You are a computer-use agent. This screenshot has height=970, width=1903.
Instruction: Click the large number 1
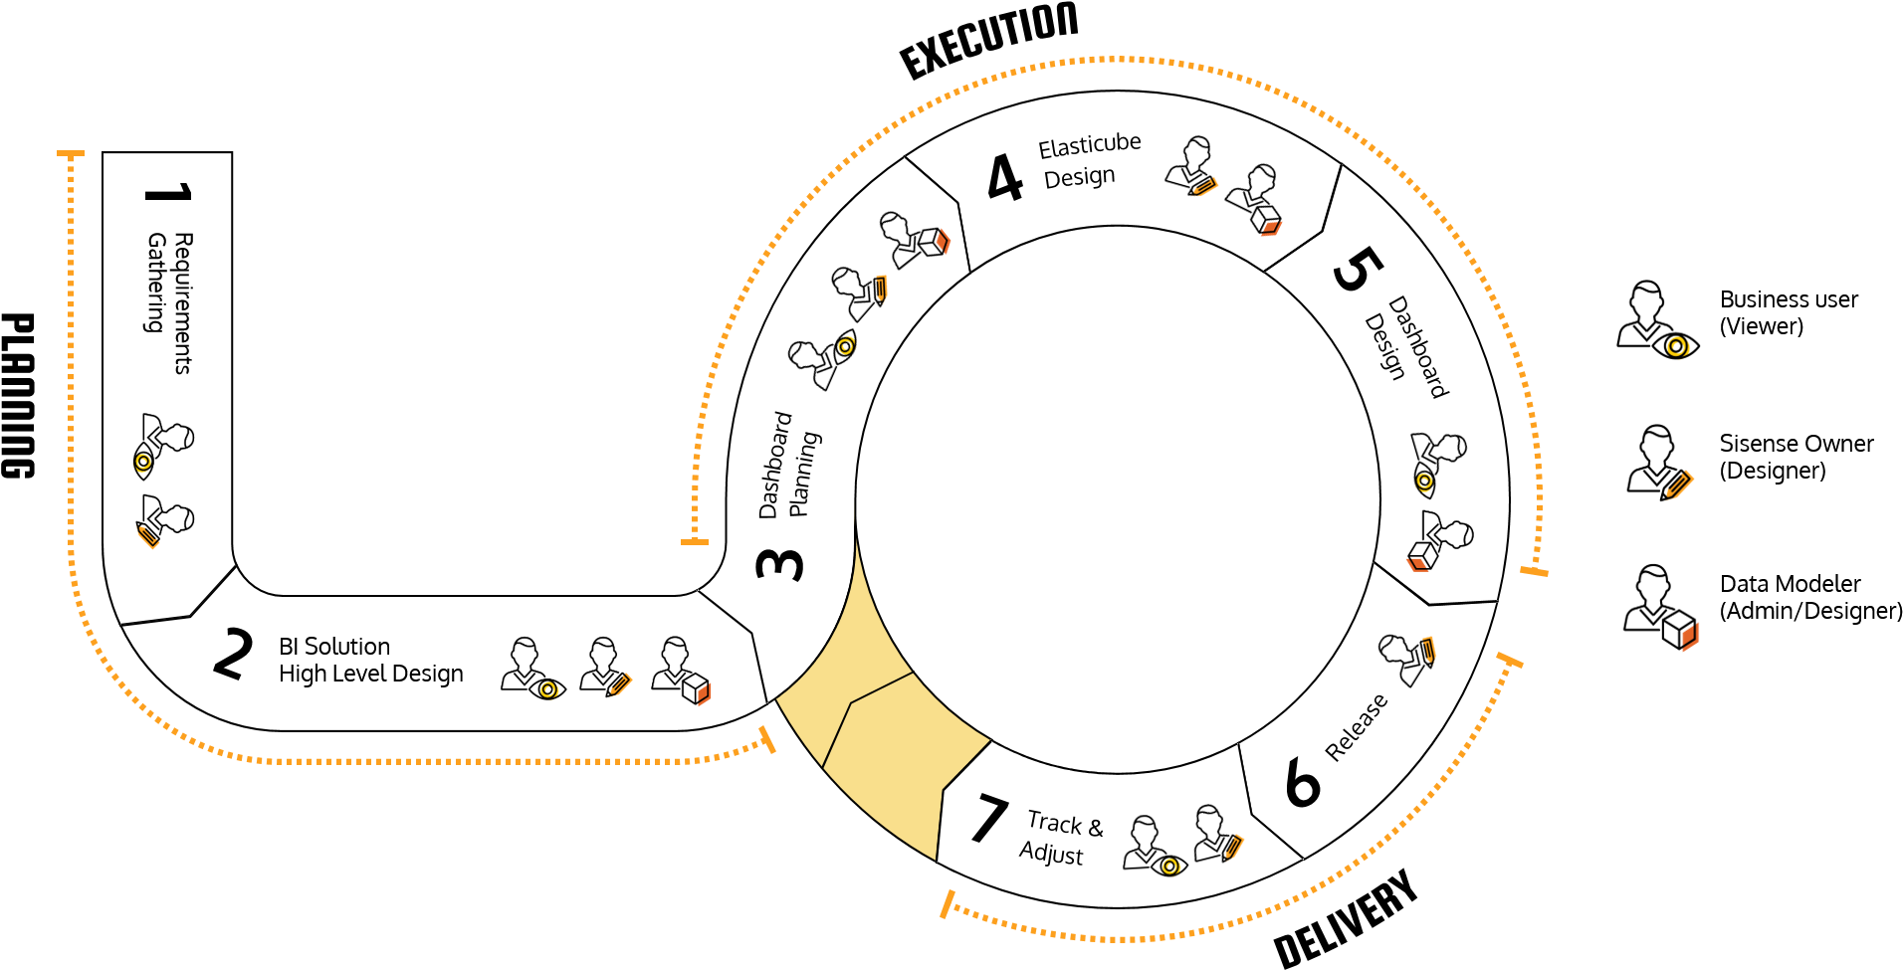pyautogui.click(x=167, y=192)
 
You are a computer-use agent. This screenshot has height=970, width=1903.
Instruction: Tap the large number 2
pyautogui.click(x=233, y=654)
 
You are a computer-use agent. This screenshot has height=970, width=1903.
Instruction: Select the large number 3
pyautogui.click(x=779, y=564)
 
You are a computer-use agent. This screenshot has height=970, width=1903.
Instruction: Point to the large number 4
pyautogui.click(x=1005, y=178)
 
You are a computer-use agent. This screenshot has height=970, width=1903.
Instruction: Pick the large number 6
pyautogui.click(x=1303, y=782)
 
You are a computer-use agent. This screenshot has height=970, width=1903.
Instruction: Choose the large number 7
pyautogui.click(x=988, y=818)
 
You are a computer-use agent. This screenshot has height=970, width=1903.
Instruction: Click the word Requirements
pyautogui.click(x=183, y=302)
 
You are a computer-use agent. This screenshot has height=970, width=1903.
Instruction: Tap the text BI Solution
pyautogui.click(x=334, y=646)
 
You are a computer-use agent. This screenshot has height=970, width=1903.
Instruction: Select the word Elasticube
pyautogui.click(x=1089, y=145)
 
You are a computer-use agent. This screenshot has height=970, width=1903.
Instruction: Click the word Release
pyautogui.click(x=1356, y=727)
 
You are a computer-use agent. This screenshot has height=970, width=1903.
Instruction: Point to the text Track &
pyautogui.click(x=1065, y=824)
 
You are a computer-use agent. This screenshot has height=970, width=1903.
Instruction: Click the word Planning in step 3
pyautogui.click(x=803, y=474)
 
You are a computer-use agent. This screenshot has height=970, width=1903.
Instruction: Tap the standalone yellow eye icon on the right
pyautogui.click(x=1678, y=347)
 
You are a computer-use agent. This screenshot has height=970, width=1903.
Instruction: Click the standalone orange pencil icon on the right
pyautogui.click(x=1680, y=485)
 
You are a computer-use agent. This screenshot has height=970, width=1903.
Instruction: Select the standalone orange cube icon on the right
pyautogui.click(x=1690, y=636)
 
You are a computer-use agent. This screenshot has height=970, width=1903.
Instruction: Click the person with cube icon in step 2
pyautogui.click(x=681, y=671)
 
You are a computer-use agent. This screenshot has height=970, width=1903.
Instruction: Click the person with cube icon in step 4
pyautogui.click(x=1255, y=200)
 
